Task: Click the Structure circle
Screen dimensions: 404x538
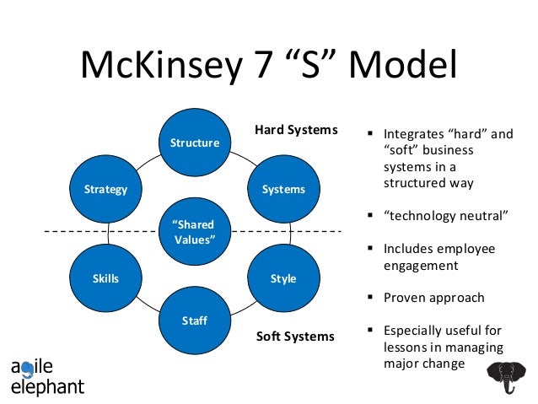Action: tap(195, 143)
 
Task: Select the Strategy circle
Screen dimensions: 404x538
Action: tap(106, 190)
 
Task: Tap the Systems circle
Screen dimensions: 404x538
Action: tap(283, 190)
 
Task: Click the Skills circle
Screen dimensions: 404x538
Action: tap(106, 278)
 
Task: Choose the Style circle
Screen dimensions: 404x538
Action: tap(283, 278)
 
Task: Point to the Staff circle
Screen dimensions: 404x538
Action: tap(195, 321)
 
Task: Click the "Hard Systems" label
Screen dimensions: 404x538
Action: tap(296, 130)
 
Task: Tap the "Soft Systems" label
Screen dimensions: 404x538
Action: tap(295, 337)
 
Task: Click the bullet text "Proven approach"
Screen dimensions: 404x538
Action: tap(433, 298)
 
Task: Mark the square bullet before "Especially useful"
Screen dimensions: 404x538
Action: tap(370, 331)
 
